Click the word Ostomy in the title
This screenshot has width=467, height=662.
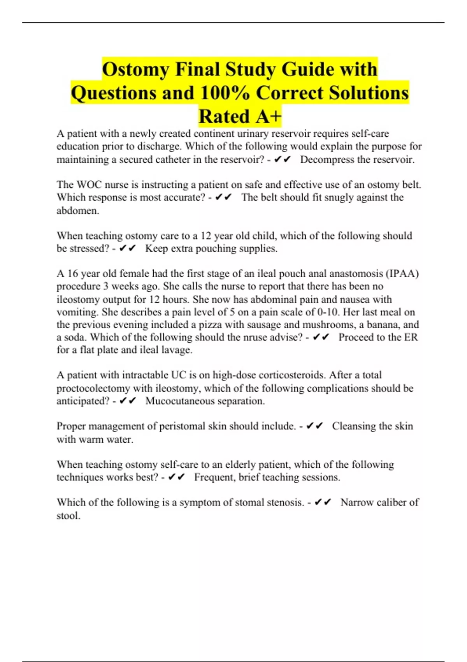[x=135, y=70]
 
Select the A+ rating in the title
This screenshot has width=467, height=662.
[x=268, y=116]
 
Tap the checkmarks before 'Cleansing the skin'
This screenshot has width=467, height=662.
[x=315, y=426]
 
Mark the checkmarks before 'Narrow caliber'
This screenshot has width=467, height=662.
[x=323, y=502]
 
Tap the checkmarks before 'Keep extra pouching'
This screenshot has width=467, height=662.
[x=128, y=248]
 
